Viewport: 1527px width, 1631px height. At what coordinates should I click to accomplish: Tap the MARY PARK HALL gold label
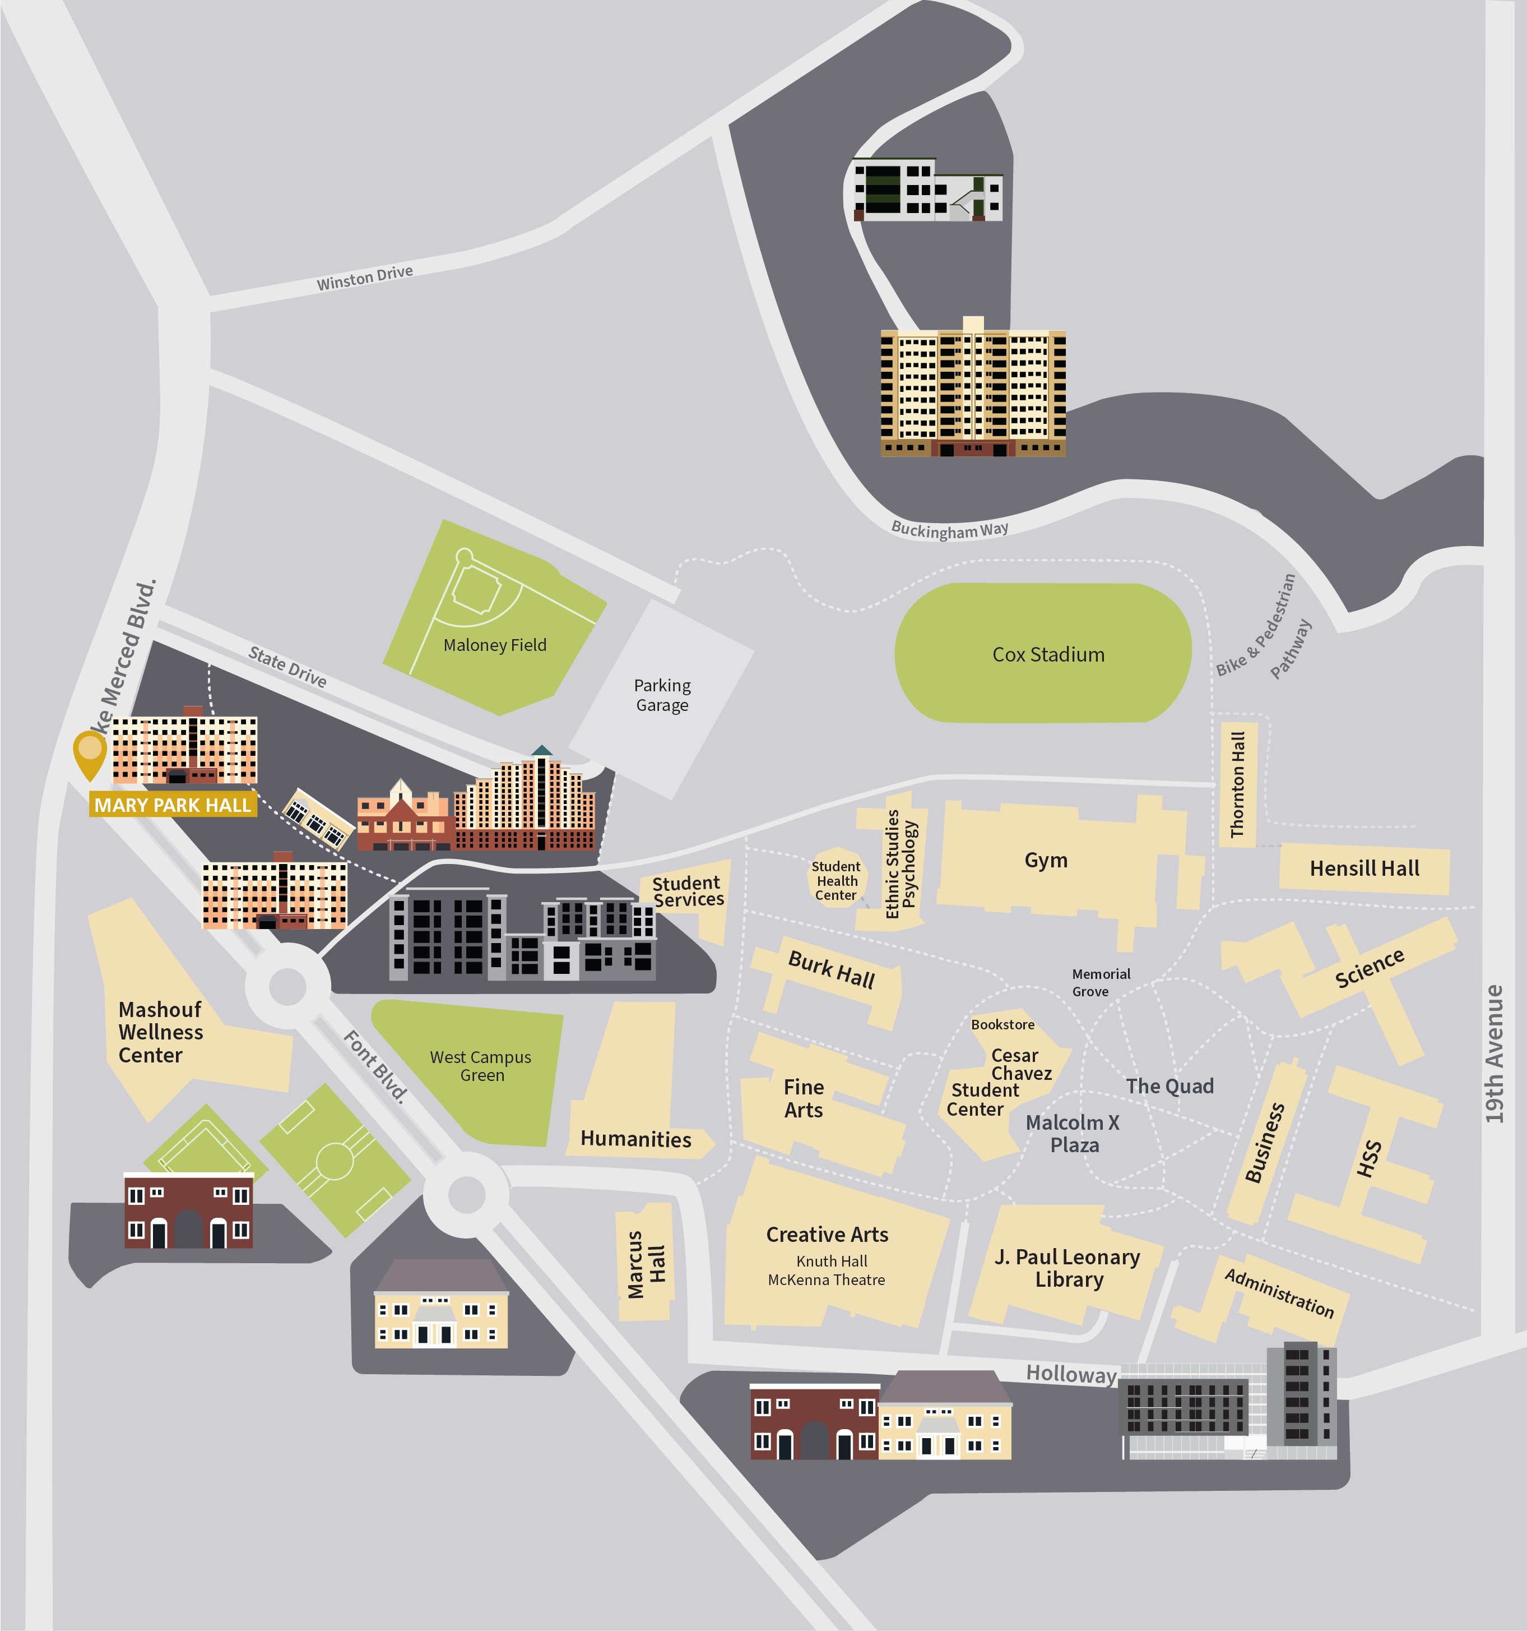(x=172, y=805)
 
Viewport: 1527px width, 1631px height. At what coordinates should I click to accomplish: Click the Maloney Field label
(x=494, y=645)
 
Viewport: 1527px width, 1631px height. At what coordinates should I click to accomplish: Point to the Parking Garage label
(x=662, y=695)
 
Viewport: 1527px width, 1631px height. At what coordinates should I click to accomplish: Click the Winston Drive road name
(x=365, y=278)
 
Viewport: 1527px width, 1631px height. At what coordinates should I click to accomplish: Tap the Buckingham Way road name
(x=950, y=529)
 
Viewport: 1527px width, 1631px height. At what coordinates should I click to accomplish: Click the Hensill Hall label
(x=1364, y=868)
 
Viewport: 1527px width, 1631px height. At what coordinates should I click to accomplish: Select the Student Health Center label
(x=836, y=880)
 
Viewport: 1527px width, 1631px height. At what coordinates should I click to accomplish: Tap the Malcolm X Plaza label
(x=1073, y=1133)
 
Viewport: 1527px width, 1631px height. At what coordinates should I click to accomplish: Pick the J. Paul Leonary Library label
(x=1067, y=1268)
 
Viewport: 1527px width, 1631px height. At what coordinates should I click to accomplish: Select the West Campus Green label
(x=481, y=1066)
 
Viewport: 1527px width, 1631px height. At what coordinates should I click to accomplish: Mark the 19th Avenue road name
(x=1494, y=1054)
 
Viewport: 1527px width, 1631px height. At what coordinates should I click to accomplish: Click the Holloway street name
(x=1071, y=1374)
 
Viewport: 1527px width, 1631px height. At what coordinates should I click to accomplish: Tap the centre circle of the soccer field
(x=335, y=1161)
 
